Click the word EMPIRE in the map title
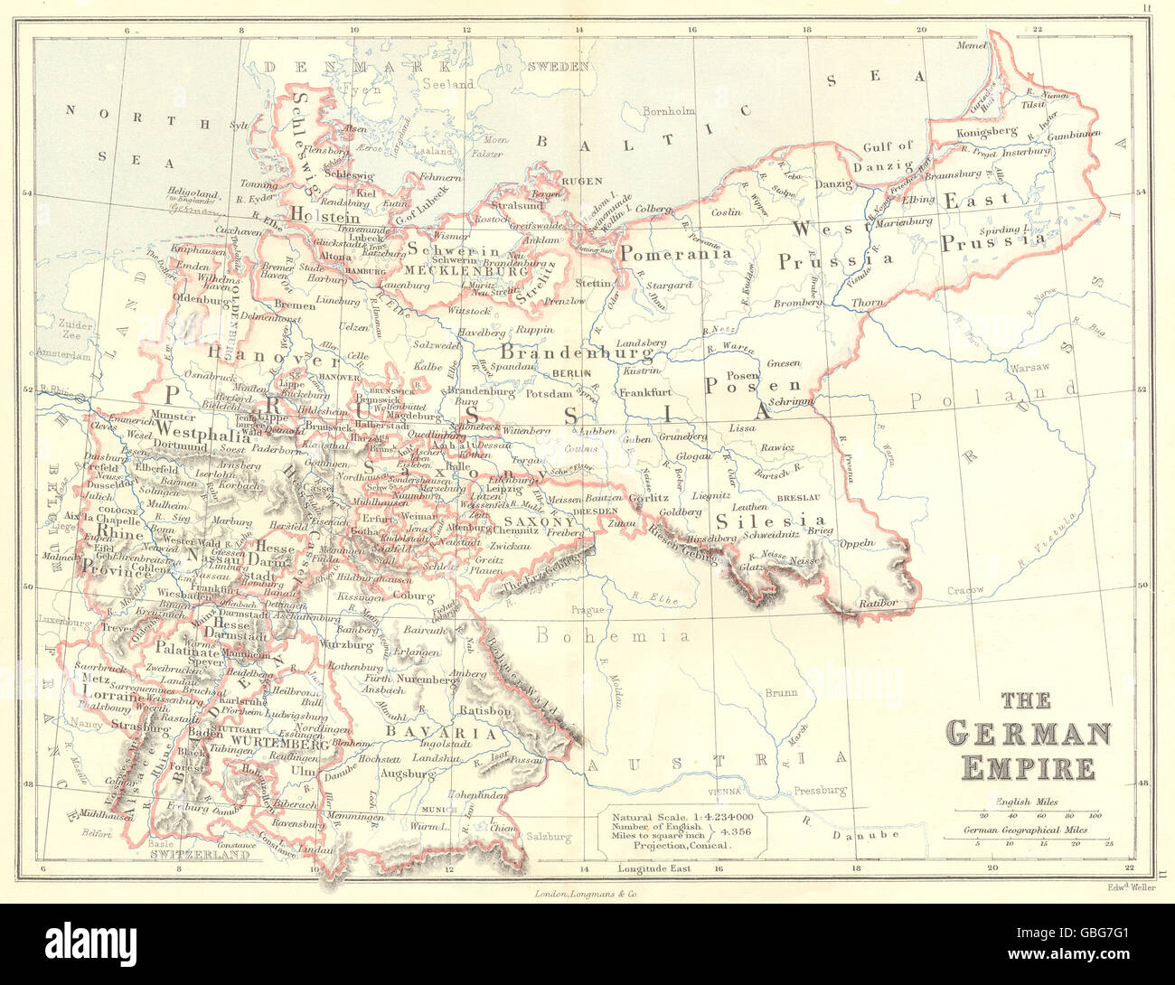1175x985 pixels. click(x=1028, y=767)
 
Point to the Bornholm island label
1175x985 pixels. click(x=668, y=111)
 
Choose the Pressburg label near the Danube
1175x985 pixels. click(x=820, y=790)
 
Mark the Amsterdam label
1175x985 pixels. click(x=63, y=356)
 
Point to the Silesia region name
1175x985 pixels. click(x=770, y=521)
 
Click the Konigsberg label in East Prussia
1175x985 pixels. click(x=986, y=132)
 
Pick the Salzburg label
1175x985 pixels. click(x=550, y=837)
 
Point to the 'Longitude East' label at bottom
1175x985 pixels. click(x=654, y=868)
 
